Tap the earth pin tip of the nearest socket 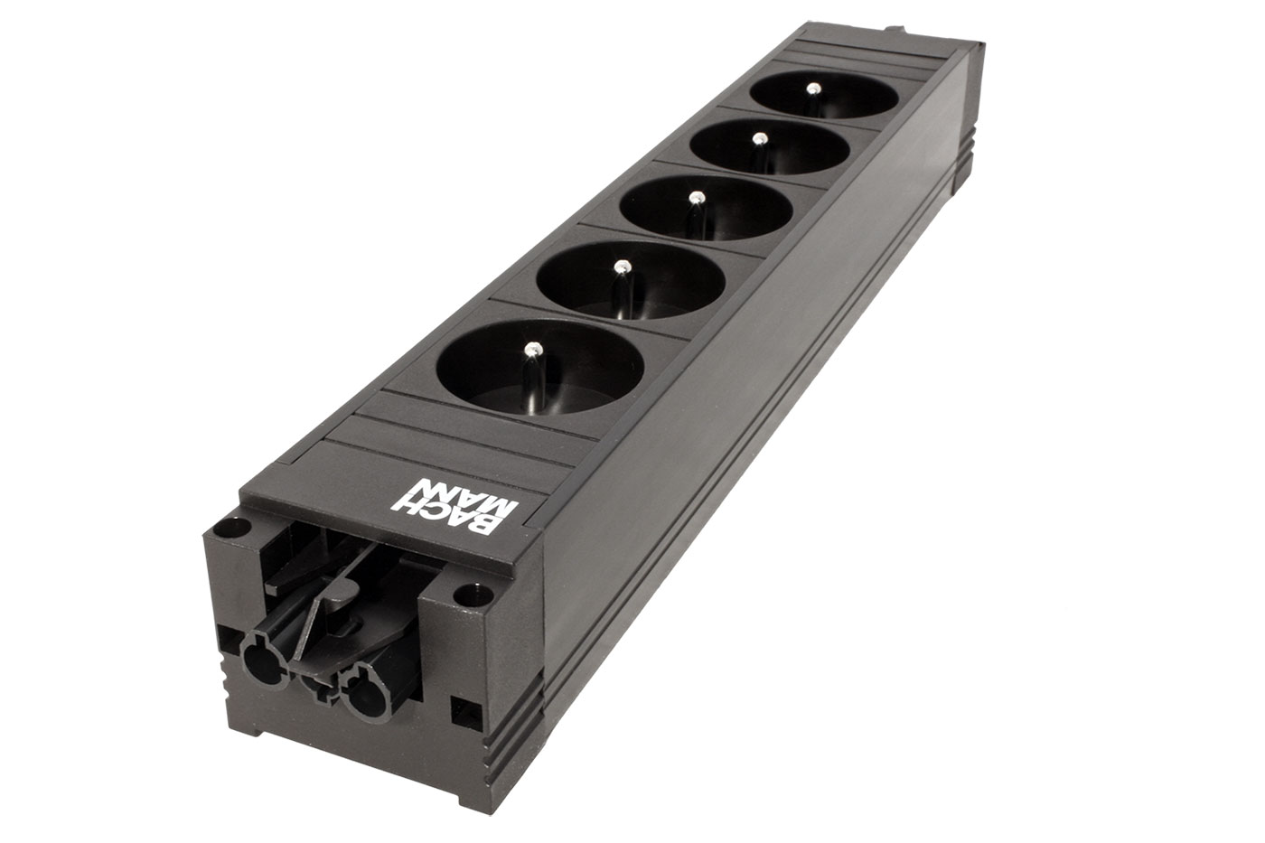pos(531,350)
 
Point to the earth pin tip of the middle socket pos(698,197)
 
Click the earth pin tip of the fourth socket pos(760,137)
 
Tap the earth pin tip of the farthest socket pos(813,88)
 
